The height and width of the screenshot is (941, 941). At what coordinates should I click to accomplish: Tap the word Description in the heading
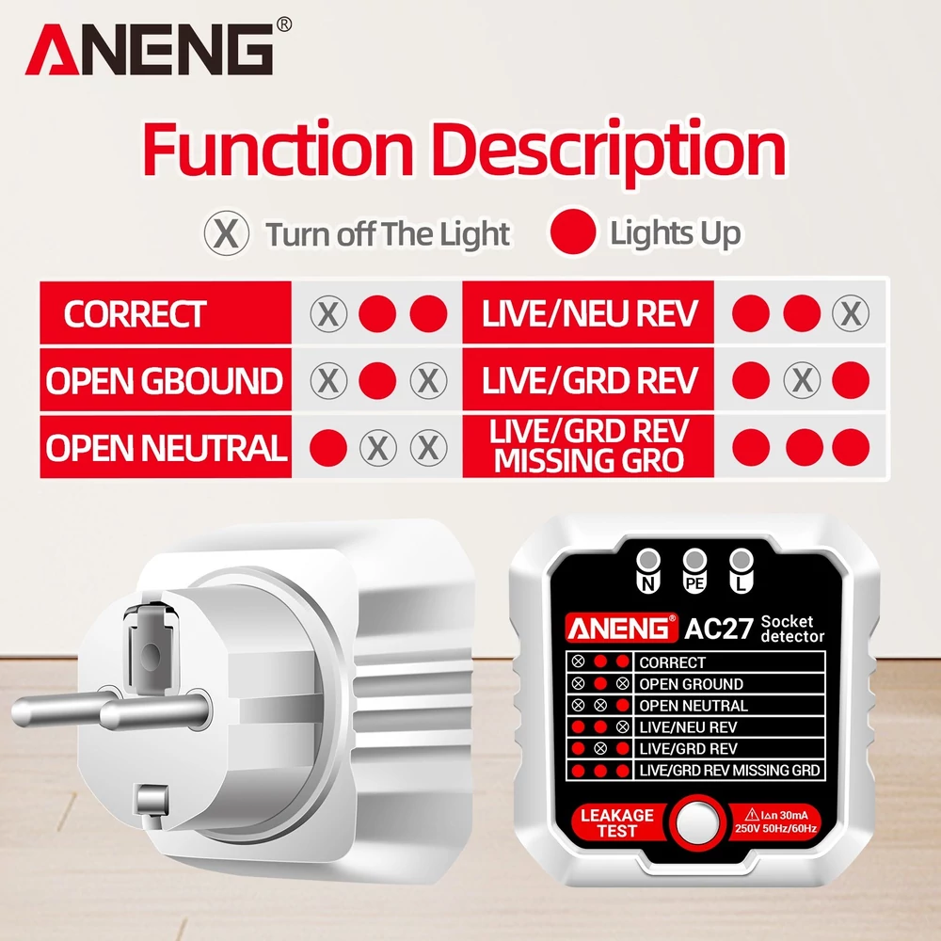pyautogui.click(x=609, y=152)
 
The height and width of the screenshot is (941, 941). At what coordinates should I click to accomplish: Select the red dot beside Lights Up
pyautogui.click(x=573, y=231)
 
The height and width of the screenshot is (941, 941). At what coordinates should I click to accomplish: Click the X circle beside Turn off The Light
pyautogui.click(x=226, y=232)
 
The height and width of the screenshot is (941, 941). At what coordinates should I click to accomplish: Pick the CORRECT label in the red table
pyautogui.click(x=135, y=314)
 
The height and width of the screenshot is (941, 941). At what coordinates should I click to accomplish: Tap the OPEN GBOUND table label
pyautogui.click(x=165, y=381)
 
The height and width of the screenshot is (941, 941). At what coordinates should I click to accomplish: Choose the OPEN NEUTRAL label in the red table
pyautogui.click(x=167, y=448)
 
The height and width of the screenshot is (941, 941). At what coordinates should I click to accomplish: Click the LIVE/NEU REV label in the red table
pyautogui.click(x=590, y=314)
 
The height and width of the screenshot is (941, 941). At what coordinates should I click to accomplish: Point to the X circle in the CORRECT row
pyautogui.click(x=328, y=313)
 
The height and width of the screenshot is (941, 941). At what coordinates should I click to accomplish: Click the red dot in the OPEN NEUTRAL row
pyautogui.click(x=328, y=448)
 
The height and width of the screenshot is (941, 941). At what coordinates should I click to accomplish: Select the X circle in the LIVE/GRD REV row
pyautogui.click(x=803, y=380)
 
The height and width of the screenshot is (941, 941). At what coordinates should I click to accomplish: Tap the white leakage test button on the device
pyautogui.click(x=697, y=822)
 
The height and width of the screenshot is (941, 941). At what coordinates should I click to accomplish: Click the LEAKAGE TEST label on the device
pyautogui.click(x=617, y=822)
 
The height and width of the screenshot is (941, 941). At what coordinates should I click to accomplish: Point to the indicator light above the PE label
pyautogui.click(x=695, y=560)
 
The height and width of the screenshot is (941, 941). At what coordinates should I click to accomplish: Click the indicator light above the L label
pyautogui.click(x=742, y=560)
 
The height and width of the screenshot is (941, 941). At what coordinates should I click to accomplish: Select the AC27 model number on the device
pyautogui.click(x=718, y=629)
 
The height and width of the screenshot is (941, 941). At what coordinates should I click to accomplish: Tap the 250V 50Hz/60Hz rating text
pyautogui.click(x=775, y=829)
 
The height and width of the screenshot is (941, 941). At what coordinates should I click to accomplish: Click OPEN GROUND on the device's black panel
pyautogui.click(x=692, y=684)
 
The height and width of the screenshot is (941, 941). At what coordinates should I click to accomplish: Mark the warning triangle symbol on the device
pyautogui.click(x=752, y=814)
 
